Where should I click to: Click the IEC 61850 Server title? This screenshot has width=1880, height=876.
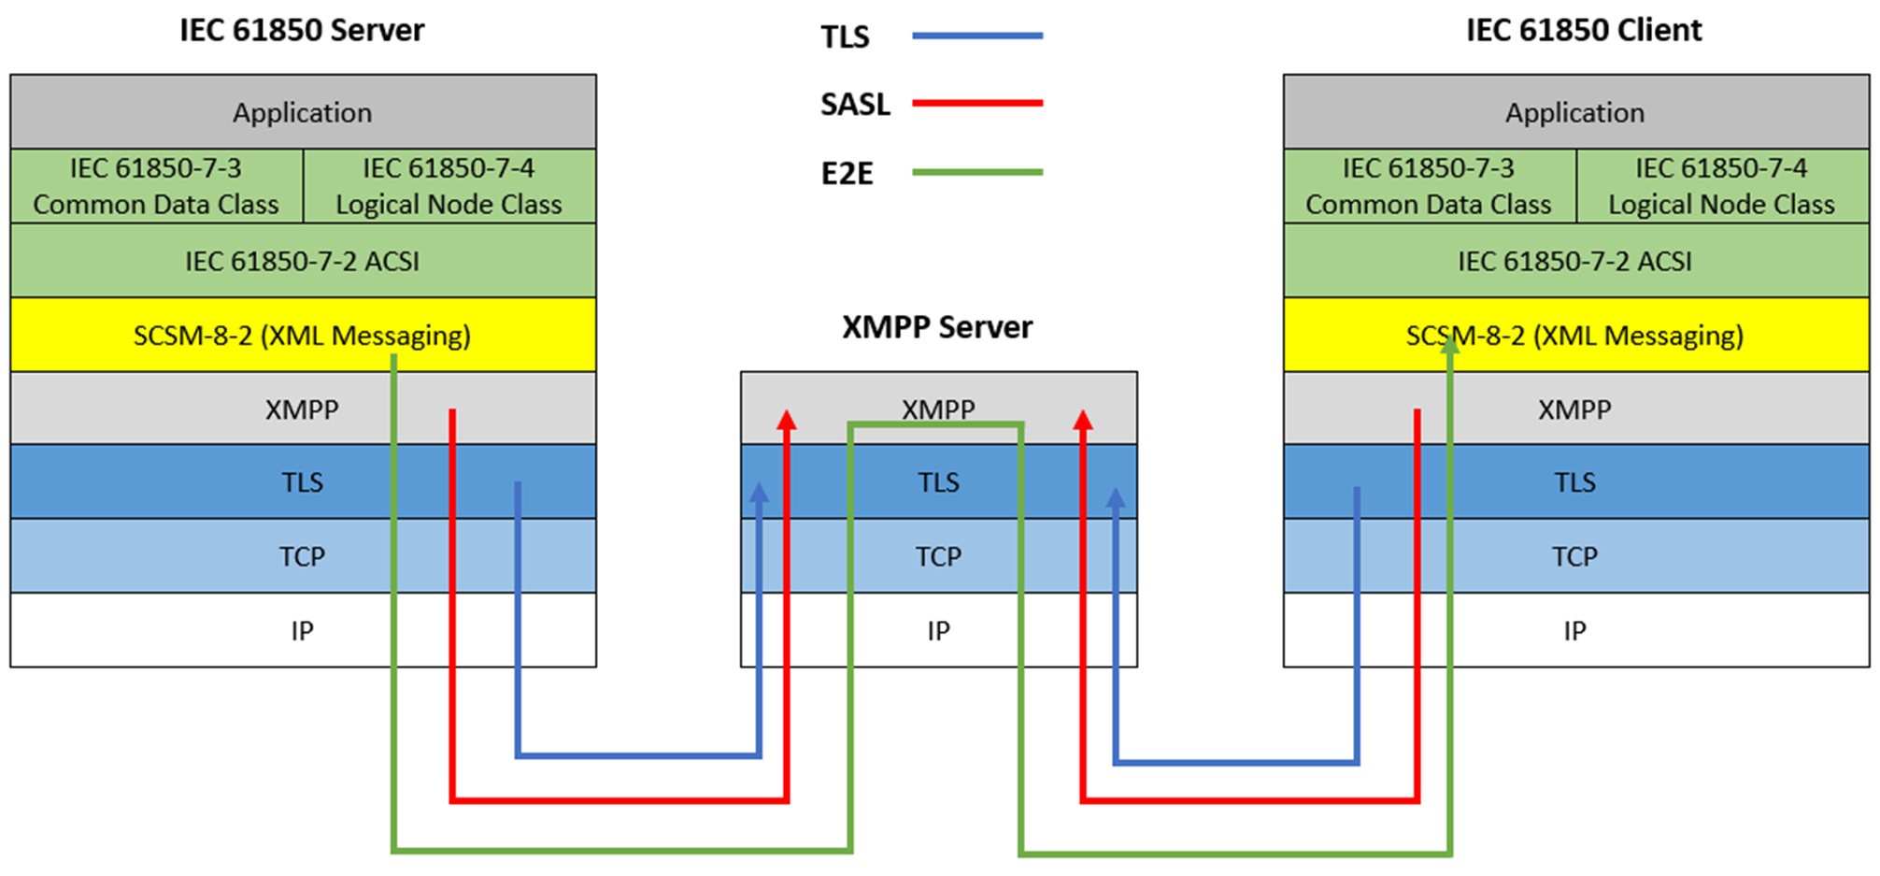pos(302,30)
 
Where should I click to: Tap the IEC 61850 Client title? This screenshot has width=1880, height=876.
pos(1584,30)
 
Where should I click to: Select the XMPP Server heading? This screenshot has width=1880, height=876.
pos(937,327)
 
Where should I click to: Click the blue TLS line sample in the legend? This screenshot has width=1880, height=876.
pos(977,36)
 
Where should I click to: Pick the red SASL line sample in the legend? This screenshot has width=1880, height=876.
pos(977,103)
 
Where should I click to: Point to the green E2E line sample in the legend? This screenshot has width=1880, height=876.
pos(977,172)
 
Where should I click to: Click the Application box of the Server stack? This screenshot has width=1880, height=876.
pos(303,112)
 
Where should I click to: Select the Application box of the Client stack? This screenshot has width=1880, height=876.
pos(1576,112)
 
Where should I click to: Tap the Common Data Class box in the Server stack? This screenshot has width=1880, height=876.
pos(157,186)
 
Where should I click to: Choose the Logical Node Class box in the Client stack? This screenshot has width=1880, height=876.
pos(1723,186)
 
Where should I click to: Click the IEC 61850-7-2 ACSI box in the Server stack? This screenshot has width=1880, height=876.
pos(303,260)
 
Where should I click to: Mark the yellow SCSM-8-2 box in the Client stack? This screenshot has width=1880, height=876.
pos(1576,335)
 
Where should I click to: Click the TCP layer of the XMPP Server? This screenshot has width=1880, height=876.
pos(939,556)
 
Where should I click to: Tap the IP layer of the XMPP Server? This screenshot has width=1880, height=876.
pos(939,630)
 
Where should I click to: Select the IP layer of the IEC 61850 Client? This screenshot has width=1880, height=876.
pos(1576,630)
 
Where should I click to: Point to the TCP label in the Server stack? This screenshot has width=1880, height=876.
pos(302,557)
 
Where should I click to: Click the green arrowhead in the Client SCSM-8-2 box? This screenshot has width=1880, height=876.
pos(1449,344)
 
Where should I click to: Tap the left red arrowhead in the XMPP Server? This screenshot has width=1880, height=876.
pos(787,420)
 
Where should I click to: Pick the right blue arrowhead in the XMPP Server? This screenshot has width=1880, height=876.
pos(1116,498)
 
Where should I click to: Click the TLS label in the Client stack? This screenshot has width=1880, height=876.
pos(1574,482)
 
